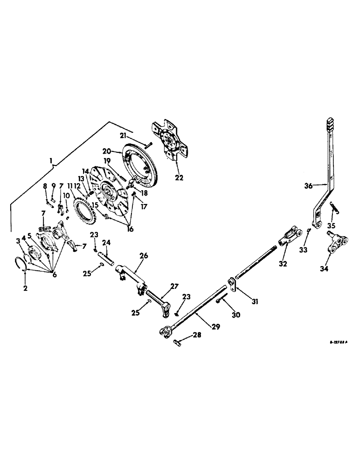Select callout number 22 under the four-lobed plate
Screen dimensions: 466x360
click(x=179, y=178)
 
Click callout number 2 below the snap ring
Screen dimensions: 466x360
click(x=26, y=288)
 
